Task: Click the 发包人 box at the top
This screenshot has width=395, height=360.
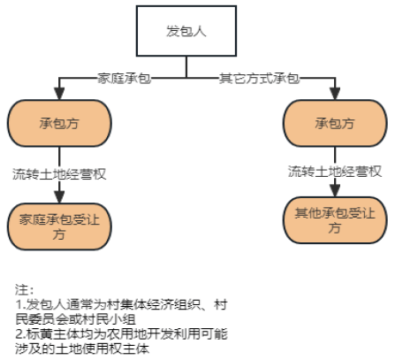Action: point(186,31)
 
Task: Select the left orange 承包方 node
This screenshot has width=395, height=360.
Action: point(59,123)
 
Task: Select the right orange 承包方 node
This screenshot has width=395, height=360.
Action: point(335,123)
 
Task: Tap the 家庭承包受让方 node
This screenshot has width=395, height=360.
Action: point(59,226)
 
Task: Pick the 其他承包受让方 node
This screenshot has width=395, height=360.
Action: point(335,220)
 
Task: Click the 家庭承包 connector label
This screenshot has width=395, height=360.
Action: point(125,79)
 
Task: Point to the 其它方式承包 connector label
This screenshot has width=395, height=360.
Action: point(259,79)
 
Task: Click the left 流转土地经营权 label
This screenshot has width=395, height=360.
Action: point(59,174)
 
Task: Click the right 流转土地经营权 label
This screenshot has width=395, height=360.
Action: point(335,172)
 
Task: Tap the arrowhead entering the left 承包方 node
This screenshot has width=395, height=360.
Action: point(59,94)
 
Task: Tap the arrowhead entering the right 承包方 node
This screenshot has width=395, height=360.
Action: point(335,94)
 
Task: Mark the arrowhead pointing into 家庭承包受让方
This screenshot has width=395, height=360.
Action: point(59,197)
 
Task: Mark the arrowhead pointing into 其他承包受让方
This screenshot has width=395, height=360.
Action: point(335,191)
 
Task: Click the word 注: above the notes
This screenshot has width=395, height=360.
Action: point(25,290)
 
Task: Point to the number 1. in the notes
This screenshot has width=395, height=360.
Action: point(20,304)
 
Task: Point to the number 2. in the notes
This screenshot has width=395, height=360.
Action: point(20,334)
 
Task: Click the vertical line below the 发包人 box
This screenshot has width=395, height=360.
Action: point(186,67)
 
